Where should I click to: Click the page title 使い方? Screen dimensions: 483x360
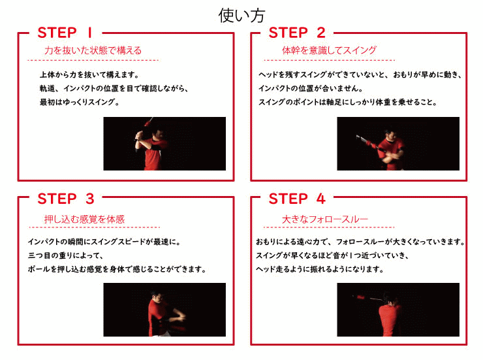click(x=241, y=16)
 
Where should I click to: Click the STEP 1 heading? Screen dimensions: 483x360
click(x=65, y=33)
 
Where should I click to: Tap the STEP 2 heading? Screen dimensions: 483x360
click(x=297, y=33)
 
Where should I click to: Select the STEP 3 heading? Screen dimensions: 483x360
click(x=66, y=199)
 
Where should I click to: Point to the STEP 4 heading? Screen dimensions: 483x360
click(x=297, y=199)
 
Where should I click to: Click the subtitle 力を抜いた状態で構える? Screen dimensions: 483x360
click(x=93, y=50)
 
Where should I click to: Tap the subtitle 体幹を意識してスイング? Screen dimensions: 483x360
click(x=330, y=50)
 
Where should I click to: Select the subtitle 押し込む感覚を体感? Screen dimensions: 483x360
click(x=84, y=219)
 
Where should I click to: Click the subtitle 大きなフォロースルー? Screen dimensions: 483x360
click(x=325, y=219)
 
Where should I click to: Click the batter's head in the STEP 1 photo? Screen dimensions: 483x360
click(x=158, y=134)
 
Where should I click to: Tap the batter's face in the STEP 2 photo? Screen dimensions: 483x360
click(x=390, y=136)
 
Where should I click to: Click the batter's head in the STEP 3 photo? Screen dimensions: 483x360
click(x=157, y=297)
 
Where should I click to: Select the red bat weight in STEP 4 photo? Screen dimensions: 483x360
click(x=361, y=297)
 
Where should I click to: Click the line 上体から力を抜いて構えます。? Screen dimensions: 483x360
click(x=89, y=74)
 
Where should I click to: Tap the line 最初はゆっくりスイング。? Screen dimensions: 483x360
click(x=80, y=102)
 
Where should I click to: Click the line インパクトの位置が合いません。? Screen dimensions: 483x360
click(x=311, y=88)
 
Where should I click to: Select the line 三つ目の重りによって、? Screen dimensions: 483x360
click(x=66, y=255)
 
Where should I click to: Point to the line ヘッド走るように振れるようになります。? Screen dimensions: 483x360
click(x=320, y=269)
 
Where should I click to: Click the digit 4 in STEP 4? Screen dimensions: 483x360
click(x=320, y=199)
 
